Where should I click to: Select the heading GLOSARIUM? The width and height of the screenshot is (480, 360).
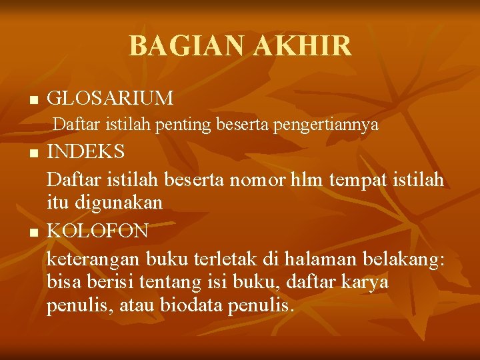pos(111,99)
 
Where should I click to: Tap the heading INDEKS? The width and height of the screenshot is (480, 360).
pos(86,151)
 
